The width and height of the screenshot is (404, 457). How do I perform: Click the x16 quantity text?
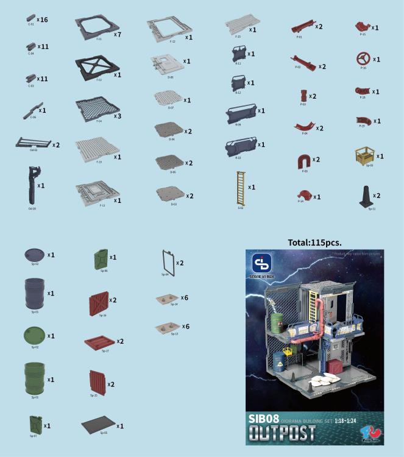(x=42, y=19)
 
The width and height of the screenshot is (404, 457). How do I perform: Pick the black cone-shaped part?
(x=363, y=196)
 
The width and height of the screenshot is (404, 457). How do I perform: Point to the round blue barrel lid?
(x=34, y=254)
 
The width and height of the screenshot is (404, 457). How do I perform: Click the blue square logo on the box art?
(x=261, y=263)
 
